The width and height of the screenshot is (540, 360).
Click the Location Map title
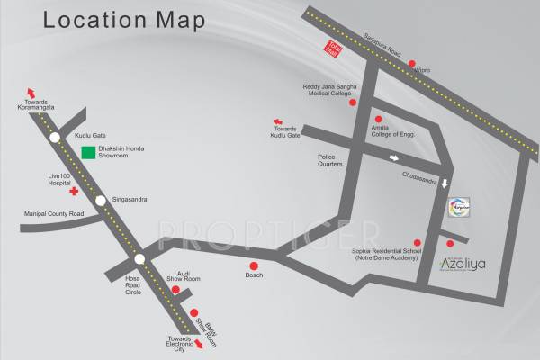pyautogui.click(x=123, y=19)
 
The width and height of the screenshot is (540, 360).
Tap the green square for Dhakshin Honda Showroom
pyautogui.click(x=88, y=153)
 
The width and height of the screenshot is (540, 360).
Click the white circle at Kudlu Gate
pyautogui.click(x=56, y=137)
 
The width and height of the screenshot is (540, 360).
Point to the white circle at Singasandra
pyautogui.click(x=101, y=200)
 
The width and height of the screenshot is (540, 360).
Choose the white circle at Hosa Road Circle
pyautogui.click(x=139, y=259)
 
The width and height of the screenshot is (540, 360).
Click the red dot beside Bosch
pyautogui.click(x=254, y=265)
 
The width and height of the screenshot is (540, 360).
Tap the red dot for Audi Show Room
pyautogui.click(x=175, y=290)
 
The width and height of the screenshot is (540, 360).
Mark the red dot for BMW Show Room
pyautogui.click(x=193, y=312)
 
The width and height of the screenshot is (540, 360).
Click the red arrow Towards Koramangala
pyautogui.click(x=31, y=94)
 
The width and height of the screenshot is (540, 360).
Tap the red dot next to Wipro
pyautogui.click(x=412, y=64)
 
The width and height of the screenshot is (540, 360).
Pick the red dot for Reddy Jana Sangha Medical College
pyautogui.click(x=353, y=103)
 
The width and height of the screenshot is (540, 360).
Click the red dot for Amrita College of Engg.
pyautogui.click(x=378, y=119)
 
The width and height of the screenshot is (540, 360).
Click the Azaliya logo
pyautogui.click(x=461, y=265)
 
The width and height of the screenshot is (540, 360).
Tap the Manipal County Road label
pyautogui.click(x=52, y=214)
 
